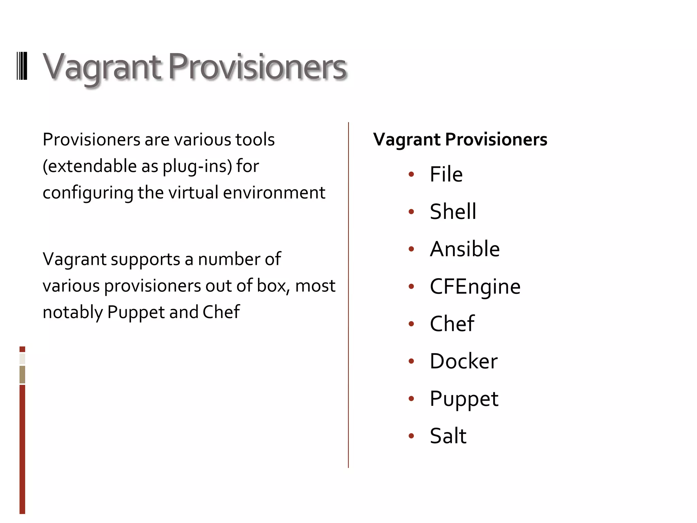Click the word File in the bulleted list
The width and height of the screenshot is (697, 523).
click(x=446, y=174)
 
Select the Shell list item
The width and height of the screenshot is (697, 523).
click(x=453, y=211)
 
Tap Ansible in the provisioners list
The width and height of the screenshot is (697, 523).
click(x=465, y=249)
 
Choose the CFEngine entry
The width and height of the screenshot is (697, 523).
click(x=475, y=286)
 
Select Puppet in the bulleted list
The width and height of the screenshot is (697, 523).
click(x=464, y=399)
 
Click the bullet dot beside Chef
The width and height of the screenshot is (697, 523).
click(x=411, y=323)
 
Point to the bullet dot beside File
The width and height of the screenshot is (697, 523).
click(x=411, y=174)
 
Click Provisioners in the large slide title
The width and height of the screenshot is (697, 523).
click(x=257, y=67)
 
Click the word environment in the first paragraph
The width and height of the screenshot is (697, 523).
click(x=274, y=193)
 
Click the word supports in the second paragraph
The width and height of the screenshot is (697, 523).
click(x=145, y=259)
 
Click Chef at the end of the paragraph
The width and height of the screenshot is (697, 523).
click(x=221, y=312)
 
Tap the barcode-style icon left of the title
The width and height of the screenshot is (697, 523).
click(x=22, y=66)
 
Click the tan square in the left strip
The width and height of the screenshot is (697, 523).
click(x=22, y=374)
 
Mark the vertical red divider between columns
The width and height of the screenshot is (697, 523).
click(x=348, y=295)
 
